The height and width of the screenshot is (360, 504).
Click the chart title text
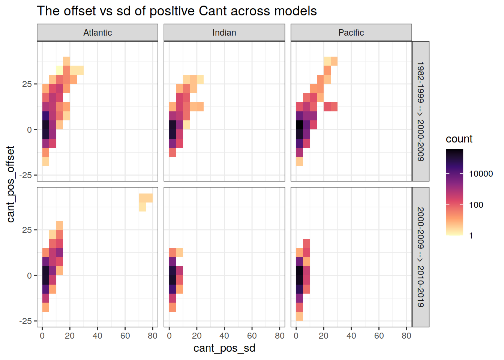(177, 11)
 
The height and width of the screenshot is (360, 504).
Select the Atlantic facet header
(97, 33)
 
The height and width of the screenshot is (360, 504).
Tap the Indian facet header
(224, 33)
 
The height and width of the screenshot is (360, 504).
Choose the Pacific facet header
(351, 33)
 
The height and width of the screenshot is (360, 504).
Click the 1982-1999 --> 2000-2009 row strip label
(421, 111)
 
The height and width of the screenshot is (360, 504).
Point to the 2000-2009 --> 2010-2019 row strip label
(421, 257)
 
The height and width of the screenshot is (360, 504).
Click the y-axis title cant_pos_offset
(10, 184)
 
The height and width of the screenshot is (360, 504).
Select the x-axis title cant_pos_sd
(224, 348)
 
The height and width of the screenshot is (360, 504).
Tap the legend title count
(459, 139)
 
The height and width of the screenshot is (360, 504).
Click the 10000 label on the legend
(481, 174)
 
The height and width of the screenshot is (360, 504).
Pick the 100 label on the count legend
(476, 205)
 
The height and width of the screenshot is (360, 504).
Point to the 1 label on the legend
(471, 236)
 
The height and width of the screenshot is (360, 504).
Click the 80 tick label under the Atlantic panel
(153, 336)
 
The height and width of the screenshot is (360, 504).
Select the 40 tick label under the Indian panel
(224, 336)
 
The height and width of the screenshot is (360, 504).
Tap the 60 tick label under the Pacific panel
(379, 336)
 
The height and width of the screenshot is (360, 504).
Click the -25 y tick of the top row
(26, 175)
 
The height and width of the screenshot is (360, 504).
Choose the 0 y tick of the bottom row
(29, 276)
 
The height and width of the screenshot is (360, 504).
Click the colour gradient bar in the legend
(454, 192)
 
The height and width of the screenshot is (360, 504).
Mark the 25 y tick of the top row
(27, 84)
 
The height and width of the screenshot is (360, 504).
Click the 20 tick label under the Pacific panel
(324, 336)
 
